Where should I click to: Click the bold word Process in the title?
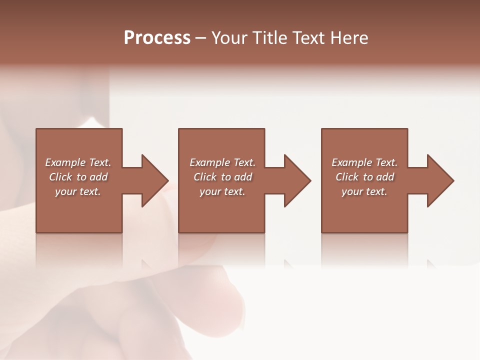pyautogui.click(x=157, y=38)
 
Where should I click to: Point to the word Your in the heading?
pyautogui.click(x=230, y=38)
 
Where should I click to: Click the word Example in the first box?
pyautogui.click(x=65, y=162)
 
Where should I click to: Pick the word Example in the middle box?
pyautogui.click(x=209, y=162)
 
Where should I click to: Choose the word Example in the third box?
pyautogui.click(x=351, y=162)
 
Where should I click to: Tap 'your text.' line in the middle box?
pyautogui.click(x=222, y=191)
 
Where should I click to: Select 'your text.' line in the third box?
pyautogui.click(x=364, y=191)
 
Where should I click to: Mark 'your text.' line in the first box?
pyautogui.click(x=78, y=191)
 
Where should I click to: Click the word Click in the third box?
pyautogui.click(x=347, y=177)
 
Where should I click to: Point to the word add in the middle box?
pyautogui.click(x=243, y=177)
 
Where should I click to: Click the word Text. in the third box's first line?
pyautogui.click(x=386, y=162)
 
